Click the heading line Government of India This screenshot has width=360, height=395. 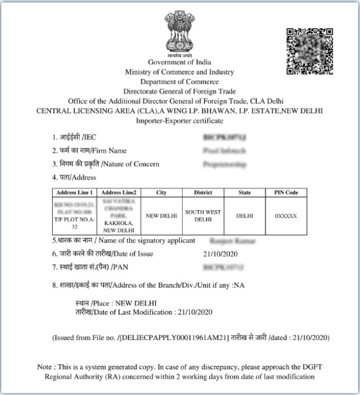coord(180,62)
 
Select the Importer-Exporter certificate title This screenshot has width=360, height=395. coord(179,120)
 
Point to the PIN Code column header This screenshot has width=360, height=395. coord(286,192)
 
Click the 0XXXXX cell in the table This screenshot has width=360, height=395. coord(286,215)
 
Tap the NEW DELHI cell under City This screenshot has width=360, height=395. coord(161,215)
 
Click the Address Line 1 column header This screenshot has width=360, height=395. coord(74,192)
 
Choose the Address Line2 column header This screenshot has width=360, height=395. coord(119,192)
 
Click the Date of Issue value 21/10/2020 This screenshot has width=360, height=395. coord(221,254)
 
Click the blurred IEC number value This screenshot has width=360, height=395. coord(221,137)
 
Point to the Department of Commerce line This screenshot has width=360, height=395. coord(180,82)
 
